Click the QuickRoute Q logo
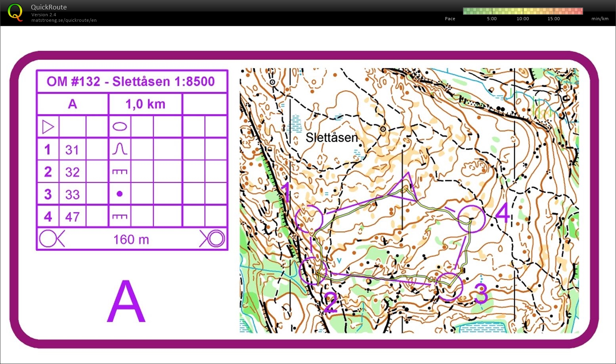pyautogui.click(x=15, y=12)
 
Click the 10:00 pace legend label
pyautogui.click(x=522, y=19)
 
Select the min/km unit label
pyautogui.click(x=599, y=19)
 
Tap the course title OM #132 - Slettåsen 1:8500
pyautogui.click(x=131, y=82)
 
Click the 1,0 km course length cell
pyautogui.click(x=145, y=104)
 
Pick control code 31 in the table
pyautogui.click(x=72, y=150)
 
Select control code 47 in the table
pyautogui.click(x=72, y=217)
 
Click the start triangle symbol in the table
pyautogui.click(x=48, y=127)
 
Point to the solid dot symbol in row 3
pyautogui.click(x=120, y=194)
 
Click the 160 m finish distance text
pyautogui.click(x=131, y=239)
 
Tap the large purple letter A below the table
pyautogui.click(x=126, y=302)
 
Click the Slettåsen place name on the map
pyautogui.click(x=331, y=137)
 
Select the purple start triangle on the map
pyautogui.click(x=405, y=186)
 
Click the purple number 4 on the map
pyautogui.click(x=502, y=213)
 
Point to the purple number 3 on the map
pyautogui.click(x=481, y=294)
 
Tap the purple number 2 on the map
pyautogui.click(x=330, y=303)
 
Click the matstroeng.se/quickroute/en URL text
pyautogui.click(x=64, y=20)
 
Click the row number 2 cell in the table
pyautogui.click(x=48, y=172)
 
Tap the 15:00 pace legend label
pyautogui.click(x=553, y=19)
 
